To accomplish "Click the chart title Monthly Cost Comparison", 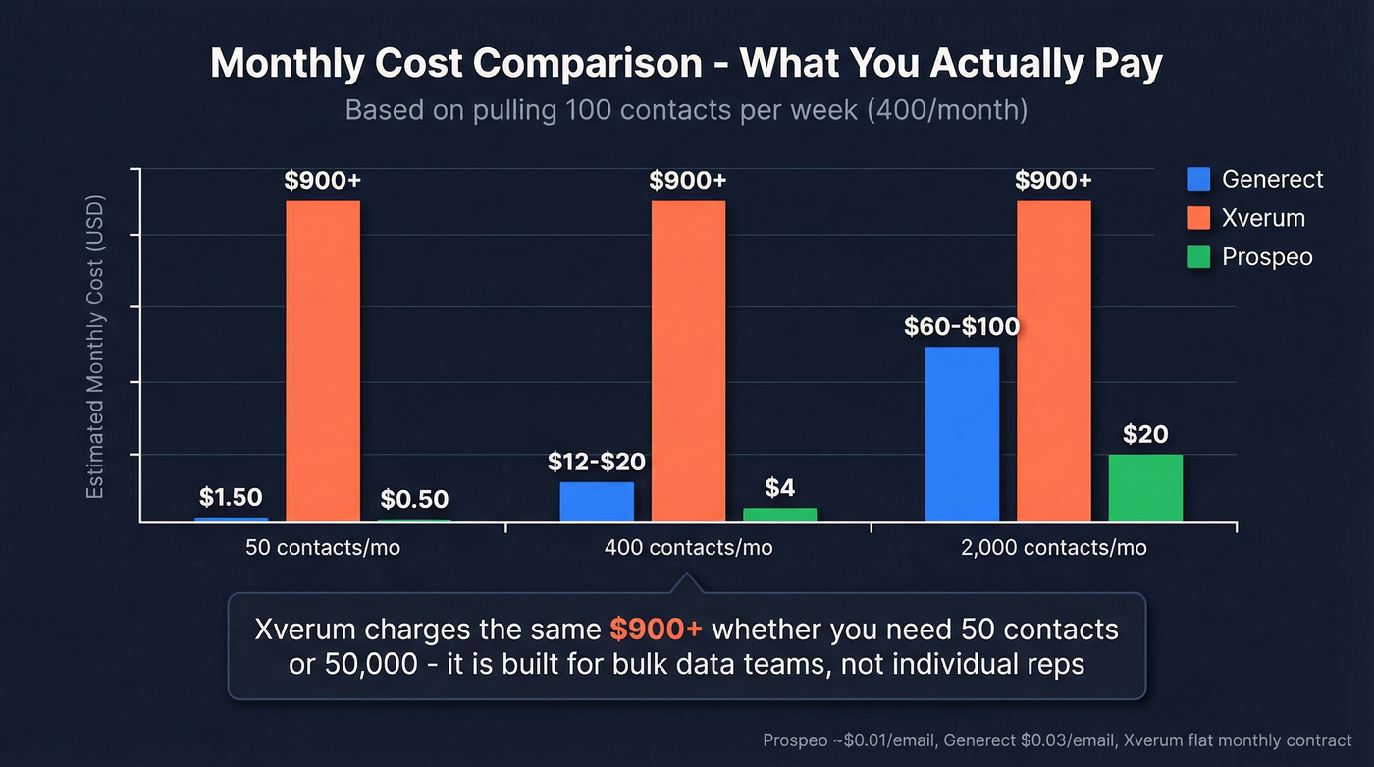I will pos(686,65).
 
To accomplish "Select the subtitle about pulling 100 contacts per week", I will pos(686,110).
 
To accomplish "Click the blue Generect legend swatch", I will pos(1198,179).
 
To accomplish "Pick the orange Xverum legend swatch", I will pos(1198,218).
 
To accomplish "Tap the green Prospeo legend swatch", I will pos(1198,257).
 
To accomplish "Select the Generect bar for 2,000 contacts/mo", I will pos(962,433).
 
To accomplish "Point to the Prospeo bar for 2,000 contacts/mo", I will pos(1145,487).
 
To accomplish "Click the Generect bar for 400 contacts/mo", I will pos(597,501).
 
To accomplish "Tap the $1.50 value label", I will pos(231,497).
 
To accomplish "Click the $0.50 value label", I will pos(414,499).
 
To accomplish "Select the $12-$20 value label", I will pos(597,461).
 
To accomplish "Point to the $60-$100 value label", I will pos(962,326).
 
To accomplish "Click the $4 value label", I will pos(779,487).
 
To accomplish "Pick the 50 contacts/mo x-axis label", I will pos(323,548).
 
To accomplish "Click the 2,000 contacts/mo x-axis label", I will pos(1054,548).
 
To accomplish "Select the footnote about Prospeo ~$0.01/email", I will pos(1057,740).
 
